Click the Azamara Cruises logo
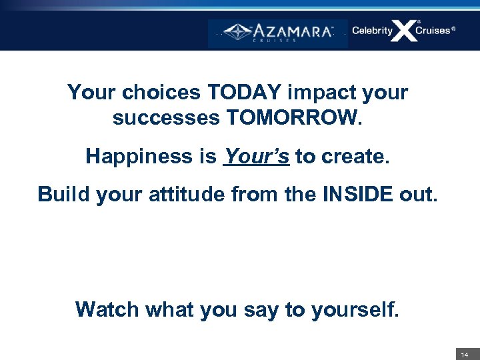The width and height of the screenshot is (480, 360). (x=278, y=32)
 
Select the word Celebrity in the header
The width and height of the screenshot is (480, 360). (x=372, y=31)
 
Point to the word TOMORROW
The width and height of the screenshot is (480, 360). (x=295, y=118)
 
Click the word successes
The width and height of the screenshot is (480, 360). (x=167, y=118)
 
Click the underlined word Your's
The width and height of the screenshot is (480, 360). (x=257, y=156)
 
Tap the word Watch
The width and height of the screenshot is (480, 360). (x=104, y=309)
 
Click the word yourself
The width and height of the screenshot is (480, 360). (x=356, y=309)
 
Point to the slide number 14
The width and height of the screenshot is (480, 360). (x=465, y=355)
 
